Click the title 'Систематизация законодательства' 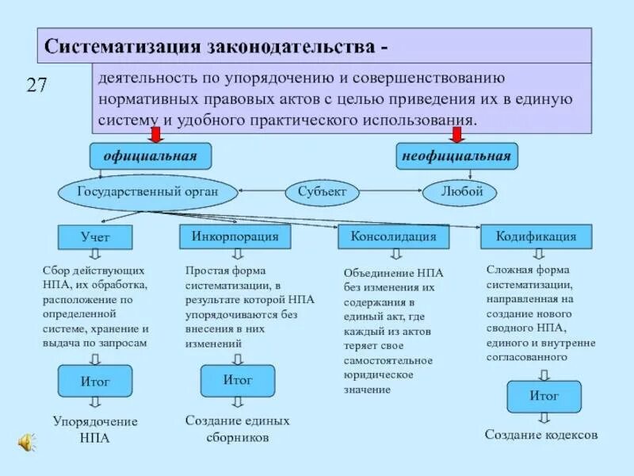click(x=216, y=44)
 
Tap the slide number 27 click(x=37, y=86)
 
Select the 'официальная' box click(x=150, y=156)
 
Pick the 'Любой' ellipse click(x=458, y=191)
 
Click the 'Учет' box click(x=95, y=237)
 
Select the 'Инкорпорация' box click(x=235, y=236)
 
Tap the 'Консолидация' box click(x=393, y=236)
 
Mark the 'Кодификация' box click(x=537, y=236)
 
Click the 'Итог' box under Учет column click(x=95, y=382)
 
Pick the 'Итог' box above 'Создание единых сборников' click(x=238, y=381)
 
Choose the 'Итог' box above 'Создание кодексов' click(x=544, y=396)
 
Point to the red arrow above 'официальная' click(x=155, y=135)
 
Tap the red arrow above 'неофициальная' click(x=456, y=135)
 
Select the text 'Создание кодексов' click(x=541, y=436)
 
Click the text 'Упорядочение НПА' click(x=95, y=429)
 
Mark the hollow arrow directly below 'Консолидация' click(x=394, y=255)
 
